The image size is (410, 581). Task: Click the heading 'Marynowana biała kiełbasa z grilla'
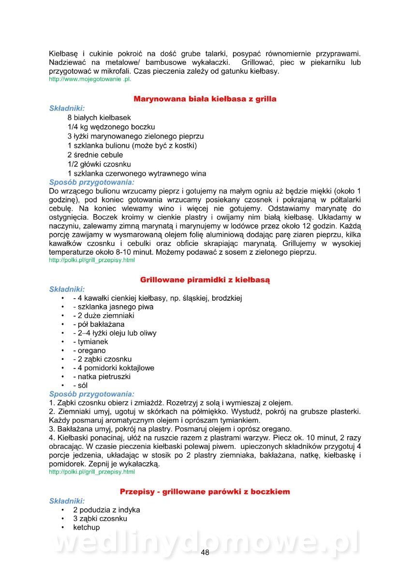pos(205,99)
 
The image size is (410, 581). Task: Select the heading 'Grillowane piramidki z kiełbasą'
pos(205,280)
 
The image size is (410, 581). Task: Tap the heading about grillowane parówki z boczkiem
pos(205,491)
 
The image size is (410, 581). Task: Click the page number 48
pos(205,553)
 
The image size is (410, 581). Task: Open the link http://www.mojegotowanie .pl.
pos(90,79)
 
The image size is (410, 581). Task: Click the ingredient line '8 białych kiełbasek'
pos(99,118)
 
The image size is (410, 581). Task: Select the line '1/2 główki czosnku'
pos(99,164)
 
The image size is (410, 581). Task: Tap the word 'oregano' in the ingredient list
pos(89,350)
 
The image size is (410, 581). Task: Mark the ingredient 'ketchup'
pos(87,527)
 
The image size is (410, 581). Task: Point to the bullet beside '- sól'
pos(63,385)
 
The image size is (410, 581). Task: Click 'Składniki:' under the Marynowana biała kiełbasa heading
pos(67,108)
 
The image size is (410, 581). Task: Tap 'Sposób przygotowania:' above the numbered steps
pos(92,394)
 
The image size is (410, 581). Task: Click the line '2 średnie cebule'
pos(95,155)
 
